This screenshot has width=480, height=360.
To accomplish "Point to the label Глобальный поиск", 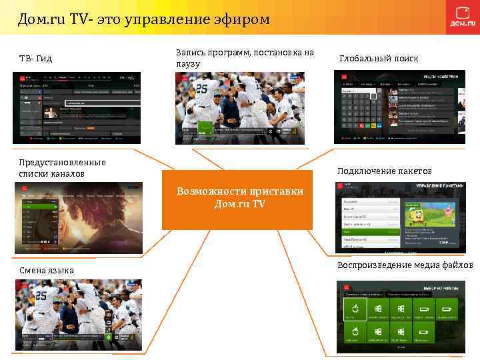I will click(379, 59).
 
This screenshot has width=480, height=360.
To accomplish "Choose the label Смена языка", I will click(46, 270).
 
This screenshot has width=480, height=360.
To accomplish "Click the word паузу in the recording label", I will click(189, 63).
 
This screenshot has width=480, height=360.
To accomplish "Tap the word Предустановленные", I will click(62, 162).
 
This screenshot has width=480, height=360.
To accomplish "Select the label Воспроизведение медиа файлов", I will click(405, 265).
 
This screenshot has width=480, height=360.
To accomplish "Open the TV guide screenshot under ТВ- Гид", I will click(77, 107).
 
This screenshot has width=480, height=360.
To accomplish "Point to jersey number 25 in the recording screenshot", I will click(201, 88).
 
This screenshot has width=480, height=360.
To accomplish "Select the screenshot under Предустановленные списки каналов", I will click(77, 219).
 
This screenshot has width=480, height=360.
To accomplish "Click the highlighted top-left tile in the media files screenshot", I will click(355, 309).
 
